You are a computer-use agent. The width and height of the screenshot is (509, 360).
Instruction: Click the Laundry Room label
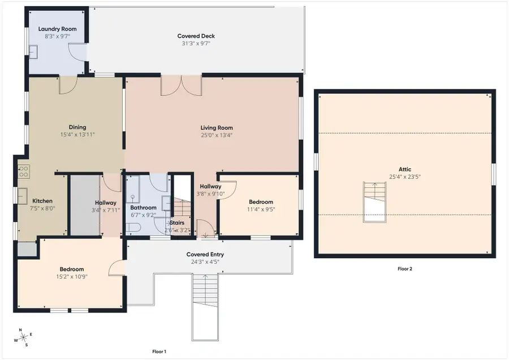pos(58,29)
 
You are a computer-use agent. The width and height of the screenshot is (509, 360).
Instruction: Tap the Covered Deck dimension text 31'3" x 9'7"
pos(196,43)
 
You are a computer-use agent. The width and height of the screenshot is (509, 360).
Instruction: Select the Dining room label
pos(77,127)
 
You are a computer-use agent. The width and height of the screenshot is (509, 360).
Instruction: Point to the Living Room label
pos(217,128)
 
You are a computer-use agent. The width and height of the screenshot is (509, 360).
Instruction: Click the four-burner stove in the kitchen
pos(24,172)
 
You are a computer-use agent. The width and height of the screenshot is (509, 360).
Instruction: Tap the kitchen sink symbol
pos(23,196)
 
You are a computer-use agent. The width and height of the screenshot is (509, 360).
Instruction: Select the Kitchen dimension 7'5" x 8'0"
pos(42,208)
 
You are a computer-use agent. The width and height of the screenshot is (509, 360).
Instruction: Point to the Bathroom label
pos(144,207)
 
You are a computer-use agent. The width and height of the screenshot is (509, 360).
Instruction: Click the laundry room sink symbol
pos(33,52)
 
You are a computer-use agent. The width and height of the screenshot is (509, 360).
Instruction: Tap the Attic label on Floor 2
pos(405,169)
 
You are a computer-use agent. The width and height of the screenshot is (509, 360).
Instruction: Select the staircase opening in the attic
pos(374,202)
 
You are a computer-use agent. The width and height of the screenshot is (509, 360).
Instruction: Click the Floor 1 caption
pos(159,352)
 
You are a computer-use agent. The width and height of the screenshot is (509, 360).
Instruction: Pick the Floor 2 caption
pos(405,269)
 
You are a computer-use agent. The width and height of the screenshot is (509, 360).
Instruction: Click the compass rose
pos(23,338)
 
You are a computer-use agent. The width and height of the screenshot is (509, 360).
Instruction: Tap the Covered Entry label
pos(205,254)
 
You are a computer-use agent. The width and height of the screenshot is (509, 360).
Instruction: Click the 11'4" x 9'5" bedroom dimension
pos(261,209)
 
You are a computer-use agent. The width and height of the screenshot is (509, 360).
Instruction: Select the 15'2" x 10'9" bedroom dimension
pos(72,276)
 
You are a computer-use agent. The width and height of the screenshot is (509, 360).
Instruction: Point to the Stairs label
pos(177,222)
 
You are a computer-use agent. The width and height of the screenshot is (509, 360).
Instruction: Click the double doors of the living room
pos(182,86)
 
